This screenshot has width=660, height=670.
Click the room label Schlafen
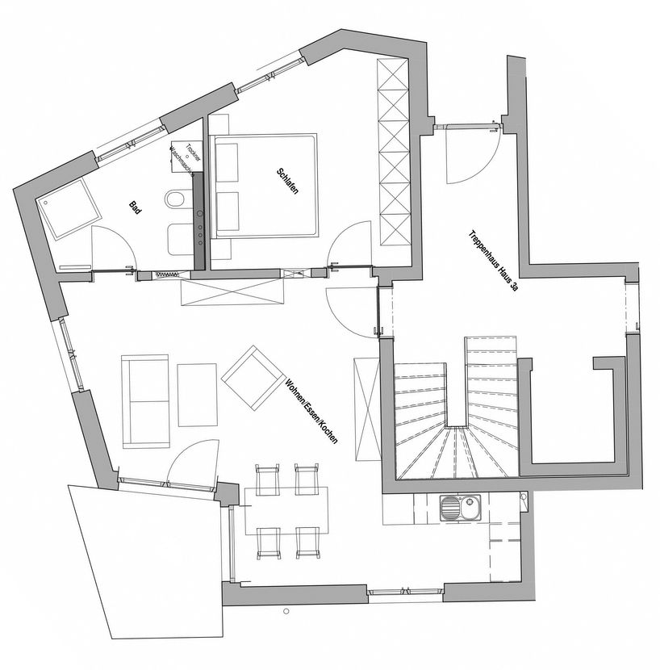pyautogui.click(x=286, y=185)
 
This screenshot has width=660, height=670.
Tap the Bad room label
pyautogui.click(x=136, y=207)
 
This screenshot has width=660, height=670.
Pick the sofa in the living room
pyautogui.click(x=146, y=400)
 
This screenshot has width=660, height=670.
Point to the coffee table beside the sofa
pyautogui.click(x=198, y=395)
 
